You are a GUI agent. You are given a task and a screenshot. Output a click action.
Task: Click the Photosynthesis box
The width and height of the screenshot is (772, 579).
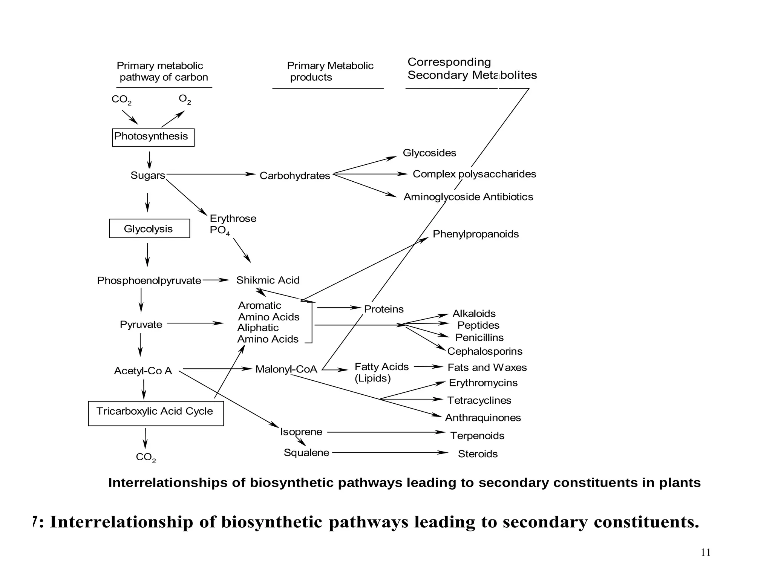[153, 137]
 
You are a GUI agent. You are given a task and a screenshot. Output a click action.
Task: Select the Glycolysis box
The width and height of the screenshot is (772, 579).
[149, 228]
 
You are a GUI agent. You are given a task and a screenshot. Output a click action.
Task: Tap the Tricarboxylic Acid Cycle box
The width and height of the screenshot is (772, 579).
[156, 413]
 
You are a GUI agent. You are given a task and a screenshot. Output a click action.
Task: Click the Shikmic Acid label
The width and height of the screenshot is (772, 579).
[268, 280]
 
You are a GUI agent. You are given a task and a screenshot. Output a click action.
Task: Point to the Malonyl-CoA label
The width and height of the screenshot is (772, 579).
[286, 369]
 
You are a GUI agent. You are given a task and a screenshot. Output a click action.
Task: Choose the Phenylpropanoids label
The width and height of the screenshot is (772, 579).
[475, 234]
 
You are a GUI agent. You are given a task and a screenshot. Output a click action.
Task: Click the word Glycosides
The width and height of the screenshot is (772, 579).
[429, 153]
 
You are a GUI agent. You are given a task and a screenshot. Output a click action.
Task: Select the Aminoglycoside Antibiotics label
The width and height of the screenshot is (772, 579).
[468, 197]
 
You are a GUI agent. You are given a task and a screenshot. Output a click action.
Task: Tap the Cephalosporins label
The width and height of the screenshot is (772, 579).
[485, 351]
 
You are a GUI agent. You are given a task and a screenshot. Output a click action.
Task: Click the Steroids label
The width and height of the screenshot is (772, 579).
[478, 454]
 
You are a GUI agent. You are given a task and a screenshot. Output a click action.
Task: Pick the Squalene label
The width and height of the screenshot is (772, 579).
[306, 453]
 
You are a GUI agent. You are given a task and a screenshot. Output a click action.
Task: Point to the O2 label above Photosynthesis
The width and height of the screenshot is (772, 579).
[185, 100]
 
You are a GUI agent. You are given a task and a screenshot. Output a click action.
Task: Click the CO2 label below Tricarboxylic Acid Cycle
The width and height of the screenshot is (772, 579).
[146, 457]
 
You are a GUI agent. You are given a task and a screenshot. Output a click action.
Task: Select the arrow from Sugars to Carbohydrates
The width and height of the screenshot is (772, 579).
[211, 174]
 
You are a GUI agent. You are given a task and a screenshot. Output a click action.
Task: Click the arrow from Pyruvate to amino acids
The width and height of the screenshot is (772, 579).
[195, 323]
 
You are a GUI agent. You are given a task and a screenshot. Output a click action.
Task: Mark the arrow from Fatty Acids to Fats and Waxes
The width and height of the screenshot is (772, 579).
[428, 366]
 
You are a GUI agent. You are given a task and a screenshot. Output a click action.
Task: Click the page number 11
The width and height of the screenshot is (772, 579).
[706, 553]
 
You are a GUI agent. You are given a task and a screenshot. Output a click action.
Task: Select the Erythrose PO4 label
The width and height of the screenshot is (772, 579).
[232, 224]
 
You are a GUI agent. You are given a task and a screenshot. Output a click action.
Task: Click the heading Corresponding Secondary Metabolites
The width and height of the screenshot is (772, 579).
[472, 69]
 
